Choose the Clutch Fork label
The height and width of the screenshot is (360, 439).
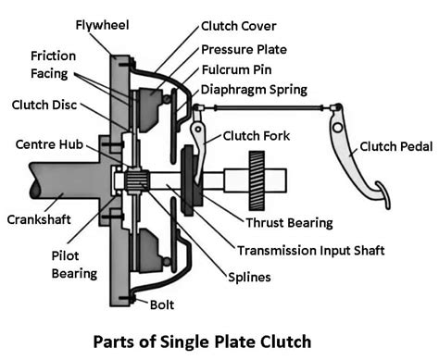pos(256,136)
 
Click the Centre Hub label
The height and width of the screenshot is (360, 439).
pos(50,146)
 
